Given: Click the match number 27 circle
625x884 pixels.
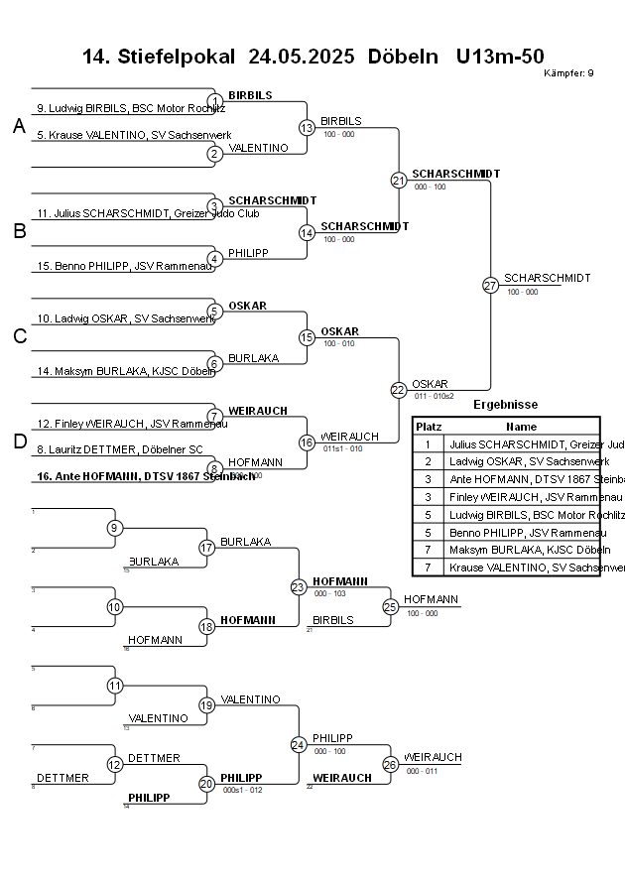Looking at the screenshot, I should pos(490,286).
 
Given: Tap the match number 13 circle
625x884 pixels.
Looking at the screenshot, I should pos(307,128).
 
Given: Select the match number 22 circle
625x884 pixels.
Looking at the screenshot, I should pos(398,390).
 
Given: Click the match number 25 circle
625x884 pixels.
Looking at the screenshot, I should pos(390,606).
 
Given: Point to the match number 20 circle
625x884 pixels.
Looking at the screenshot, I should pos(206,784).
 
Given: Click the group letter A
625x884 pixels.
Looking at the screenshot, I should pos(19,126).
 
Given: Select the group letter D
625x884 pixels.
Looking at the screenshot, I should pos(19,442).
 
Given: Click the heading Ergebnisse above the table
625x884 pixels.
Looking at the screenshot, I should pos(505,405).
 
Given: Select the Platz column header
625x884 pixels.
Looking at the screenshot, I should pos(428,426).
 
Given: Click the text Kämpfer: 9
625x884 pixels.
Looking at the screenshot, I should pos(568,73).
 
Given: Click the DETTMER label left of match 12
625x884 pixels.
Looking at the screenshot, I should pos(62,778).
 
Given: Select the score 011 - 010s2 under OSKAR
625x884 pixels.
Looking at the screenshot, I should pos(434,396).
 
